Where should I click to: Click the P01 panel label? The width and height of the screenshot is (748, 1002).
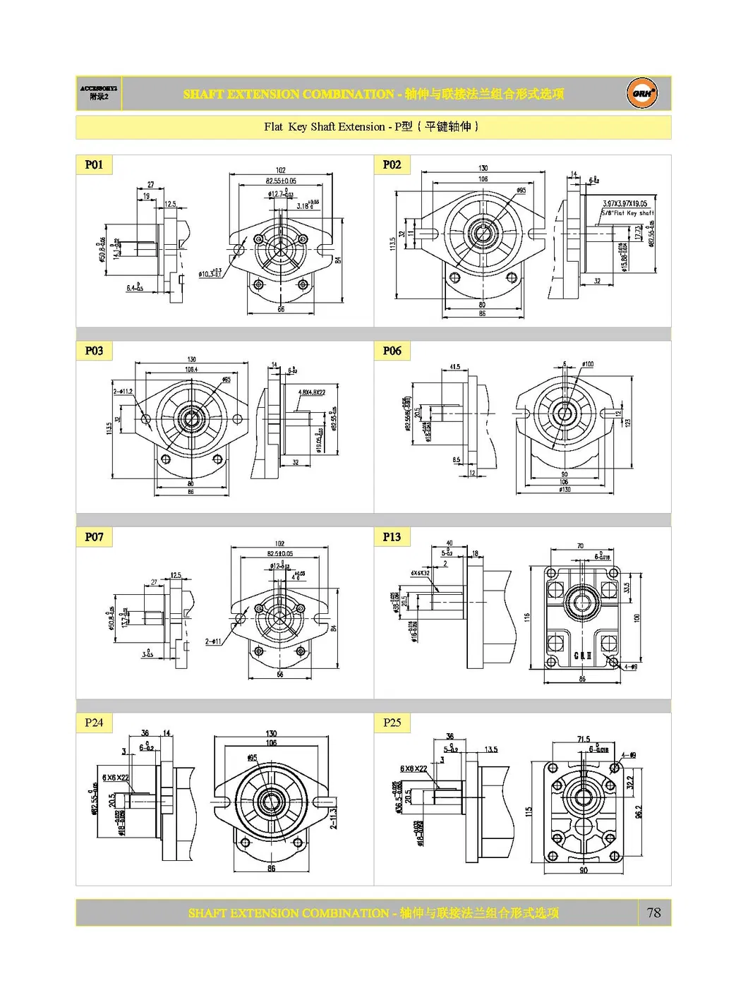point(94,164)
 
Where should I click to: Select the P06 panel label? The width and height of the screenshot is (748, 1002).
point(392,351)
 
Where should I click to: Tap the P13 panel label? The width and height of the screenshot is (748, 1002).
point(392,537)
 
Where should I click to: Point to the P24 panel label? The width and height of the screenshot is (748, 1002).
point(94,723)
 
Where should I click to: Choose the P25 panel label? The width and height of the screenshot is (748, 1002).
point(392,723)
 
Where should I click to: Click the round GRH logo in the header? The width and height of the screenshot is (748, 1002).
point(641,93)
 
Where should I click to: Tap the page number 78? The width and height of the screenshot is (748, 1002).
point(653,912)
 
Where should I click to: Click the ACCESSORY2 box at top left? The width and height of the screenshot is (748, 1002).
point(99,93)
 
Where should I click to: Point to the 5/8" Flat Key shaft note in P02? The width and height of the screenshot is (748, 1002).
point(627,212)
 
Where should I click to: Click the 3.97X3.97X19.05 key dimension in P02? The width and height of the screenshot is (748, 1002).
point(625,204)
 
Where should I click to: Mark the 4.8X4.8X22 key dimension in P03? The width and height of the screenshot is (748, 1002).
point(311,392)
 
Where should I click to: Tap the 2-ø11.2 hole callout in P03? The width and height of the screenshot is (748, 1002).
point(123,391)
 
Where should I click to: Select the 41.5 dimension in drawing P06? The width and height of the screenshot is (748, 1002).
point(454,367)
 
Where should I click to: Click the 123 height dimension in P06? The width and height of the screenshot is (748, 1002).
point(627,422)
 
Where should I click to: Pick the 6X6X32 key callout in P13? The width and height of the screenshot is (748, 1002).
point(420,573)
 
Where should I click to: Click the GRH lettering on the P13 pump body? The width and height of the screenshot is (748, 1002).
point(582,656)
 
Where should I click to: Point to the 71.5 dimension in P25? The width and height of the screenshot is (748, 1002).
point(583,740)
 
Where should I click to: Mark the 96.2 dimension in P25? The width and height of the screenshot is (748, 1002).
point(638,812)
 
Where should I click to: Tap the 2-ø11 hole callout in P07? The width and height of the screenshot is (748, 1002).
point(213,641)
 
